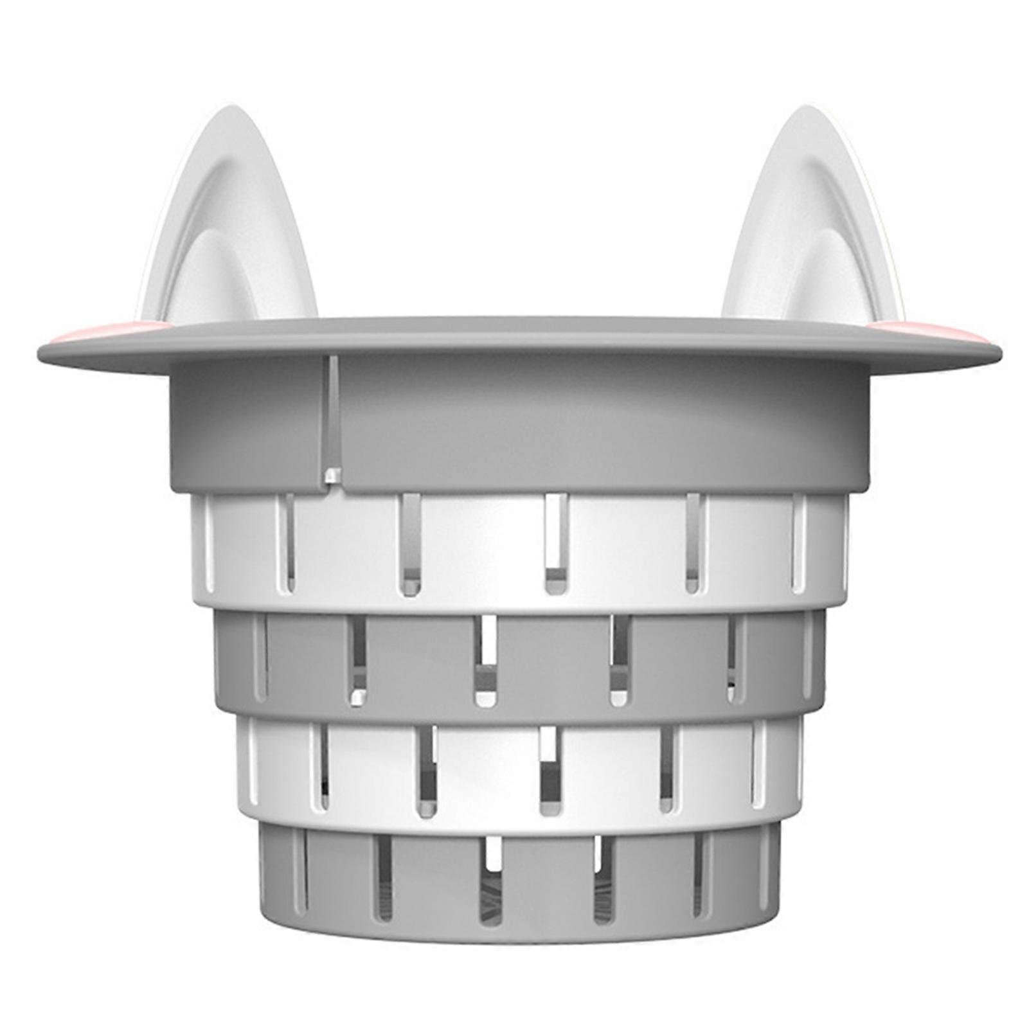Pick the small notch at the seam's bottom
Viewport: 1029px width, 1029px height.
pyautogui.click(x=332, y=476)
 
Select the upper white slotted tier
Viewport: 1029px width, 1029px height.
pyautogui.click(x=482, y=546)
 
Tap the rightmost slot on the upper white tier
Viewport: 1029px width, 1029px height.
pyautogui.click(x=799, y=543)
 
